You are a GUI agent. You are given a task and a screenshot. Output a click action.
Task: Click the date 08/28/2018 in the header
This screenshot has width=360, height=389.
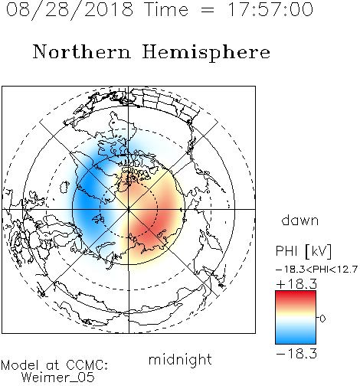pos(70,10)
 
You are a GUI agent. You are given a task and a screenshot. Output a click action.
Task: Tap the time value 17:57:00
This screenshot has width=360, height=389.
pos(270,9)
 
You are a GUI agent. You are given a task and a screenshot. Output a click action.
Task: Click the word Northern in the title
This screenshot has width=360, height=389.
pos(82,51)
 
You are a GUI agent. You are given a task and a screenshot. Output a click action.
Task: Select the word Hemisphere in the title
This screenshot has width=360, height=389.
pos(206,53)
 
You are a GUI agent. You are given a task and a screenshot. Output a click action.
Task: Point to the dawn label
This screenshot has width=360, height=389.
pos(300,220)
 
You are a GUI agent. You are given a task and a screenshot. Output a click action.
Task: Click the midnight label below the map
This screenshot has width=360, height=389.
pos(180,360)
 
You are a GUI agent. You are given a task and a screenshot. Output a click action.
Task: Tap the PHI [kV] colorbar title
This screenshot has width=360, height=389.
pos(303,251)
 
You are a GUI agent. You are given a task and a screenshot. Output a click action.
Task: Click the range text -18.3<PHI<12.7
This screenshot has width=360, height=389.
pos(316,270)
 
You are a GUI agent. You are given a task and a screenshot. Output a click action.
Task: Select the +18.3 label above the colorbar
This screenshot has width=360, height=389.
pos(296,284)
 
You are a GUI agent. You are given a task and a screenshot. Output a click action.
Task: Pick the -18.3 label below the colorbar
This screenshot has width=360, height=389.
pos(296,354)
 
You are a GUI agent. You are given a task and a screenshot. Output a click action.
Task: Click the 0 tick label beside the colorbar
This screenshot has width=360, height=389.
pos(322,319)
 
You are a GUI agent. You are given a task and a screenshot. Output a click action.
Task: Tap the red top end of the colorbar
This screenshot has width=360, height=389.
pos(296,293)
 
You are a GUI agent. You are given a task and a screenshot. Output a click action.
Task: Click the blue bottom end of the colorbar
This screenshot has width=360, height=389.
pos(296,342)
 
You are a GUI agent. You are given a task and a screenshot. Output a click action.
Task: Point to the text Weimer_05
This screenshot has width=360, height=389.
pos(58,378)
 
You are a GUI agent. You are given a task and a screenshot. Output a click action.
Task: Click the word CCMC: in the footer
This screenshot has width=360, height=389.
pos(87,365)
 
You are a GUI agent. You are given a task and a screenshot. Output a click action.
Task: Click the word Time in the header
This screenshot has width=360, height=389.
pos(166,9)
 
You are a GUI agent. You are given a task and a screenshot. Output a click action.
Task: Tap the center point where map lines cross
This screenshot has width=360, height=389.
pos(129,209)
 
